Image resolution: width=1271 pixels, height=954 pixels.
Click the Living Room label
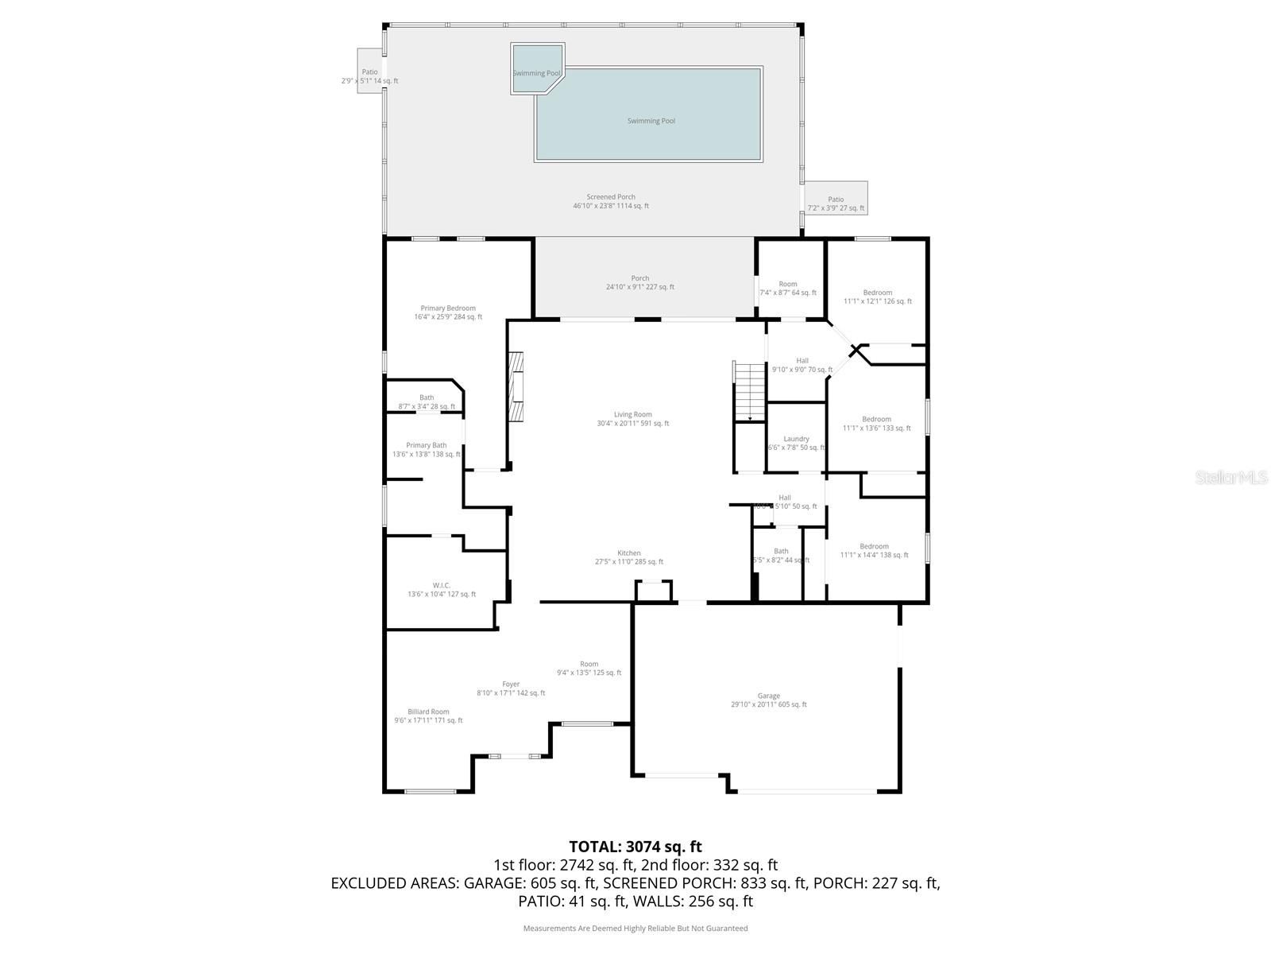pos(632,414)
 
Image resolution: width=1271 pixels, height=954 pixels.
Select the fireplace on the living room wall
pos(517,387)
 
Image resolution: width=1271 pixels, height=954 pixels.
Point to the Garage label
pos(768,696)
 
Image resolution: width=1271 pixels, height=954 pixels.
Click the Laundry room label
pos(796,439)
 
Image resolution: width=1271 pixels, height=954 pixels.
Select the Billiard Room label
pos(428,712)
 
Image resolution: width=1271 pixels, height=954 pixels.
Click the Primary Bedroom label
pos(448,308)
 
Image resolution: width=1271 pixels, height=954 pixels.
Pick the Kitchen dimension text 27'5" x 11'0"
pos(629,562)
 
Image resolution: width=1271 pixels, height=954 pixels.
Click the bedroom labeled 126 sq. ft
pos(877,293)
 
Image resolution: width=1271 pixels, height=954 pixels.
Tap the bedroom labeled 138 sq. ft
pos(874,547)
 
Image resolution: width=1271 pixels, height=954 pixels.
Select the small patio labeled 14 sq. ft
pos(369,72)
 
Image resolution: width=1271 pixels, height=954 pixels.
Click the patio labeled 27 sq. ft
pos(836,200)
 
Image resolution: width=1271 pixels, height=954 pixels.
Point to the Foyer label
pos(511,684)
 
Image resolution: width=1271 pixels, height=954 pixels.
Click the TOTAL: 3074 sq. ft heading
pos(635,847)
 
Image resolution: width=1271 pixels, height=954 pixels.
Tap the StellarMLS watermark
pos(1231,477)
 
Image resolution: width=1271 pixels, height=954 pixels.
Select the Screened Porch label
pos(611,197)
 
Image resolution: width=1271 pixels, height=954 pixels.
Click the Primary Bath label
pos(427,445)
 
